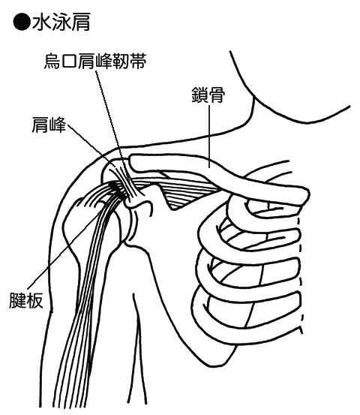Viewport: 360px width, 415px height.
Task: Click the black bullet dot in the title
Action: (22, 22)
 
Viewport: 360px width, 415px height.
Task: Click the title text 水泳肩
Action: (61, 22)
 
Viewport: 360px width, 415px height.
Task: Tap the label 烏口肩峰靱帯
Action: (95, 62)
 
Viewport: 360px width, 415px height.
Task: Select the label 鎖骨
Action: (208, 95)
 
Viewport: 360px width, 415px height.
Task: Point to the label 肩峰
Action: (49, 125)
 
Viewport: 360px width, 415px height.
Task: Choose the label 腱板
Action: (26, 301)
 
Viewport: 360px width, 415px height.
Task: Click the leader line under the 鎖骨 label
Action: (209, 137)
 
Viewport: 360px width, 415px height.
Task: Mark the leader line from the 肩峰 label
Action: (92, 146)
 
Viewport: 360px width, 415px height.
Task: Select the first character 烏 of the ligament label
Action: (52, 62)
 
